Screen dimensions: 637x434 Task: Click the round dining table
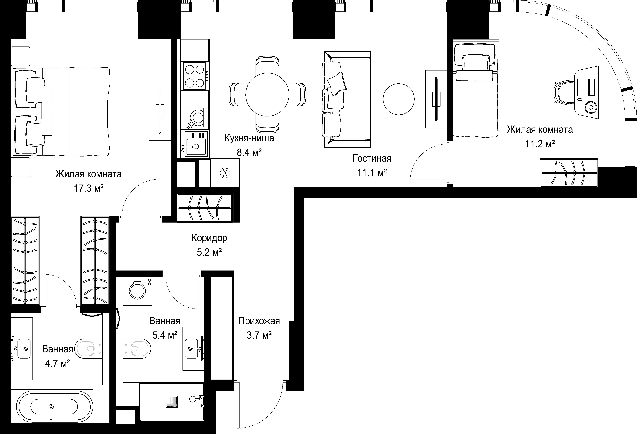click(267, 94)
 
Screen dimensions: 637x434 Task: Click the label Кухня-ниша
click(249, 138)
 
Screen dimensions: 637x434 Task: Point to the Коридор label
click(209, 238)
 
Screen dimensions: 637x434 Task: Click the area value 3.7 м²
click(259, 335)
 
